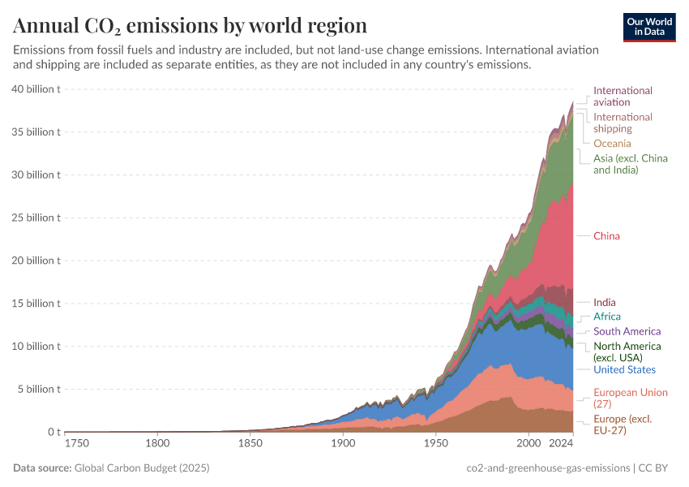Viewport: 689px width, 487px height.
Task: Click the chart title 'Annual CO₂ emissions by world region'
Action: coord(190,25)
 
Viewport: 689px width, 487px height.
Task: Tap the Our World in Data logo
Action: coord(649,26)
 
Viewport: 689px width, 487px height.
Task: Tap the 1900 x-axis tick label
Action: coord(343,444)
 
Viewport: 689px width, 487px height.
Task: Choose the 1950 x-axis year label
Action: coord(436,444)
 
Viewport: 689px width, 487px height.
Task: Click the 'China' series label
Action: coord(606,236)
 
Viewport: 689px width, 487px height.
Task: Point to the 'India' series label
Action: coord(605,303)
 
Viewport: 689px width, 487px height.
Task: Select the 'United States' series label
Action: coord(624,370)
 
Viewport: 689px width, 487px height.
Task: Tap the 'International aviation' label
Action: coord(623,97)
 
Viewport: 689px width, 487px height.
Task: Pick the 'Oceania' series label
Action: coord(612,144)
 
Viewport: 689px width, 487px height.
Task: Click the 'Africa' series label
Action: coord(607,317)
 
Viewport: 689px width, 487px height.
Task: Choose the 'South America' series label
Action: coord(627,331)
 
